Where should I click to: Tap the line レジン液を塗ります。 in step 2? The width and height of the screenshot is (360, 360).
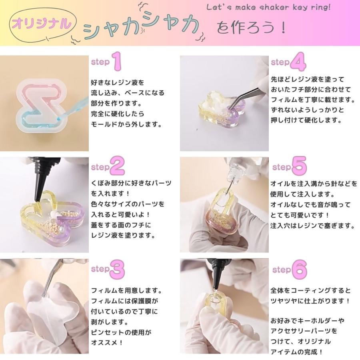[x=122, y=235]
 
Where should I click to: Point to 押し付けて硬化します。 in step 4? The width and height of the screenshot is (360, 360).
[x=308, y=120]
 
